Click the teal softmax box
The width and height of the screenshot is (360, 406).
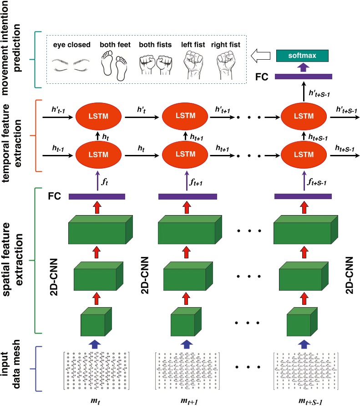[x=303, y=56]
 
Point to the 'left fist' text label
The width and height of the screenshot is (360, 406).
[x=191, y=45]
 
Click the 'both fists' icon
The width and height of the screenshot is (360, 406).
[x=152, y=65]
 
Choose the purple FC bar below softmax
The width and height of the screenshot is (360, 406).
[x=303, y=76]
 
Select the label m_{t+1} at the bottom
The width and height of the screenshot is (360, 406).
[x=187, y=400]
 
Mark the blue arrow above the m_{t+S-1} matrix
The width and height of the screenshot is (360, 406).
[x=304, y=343]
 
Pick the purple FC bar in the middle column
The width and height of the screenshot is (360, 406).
[x=186, y=196]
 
